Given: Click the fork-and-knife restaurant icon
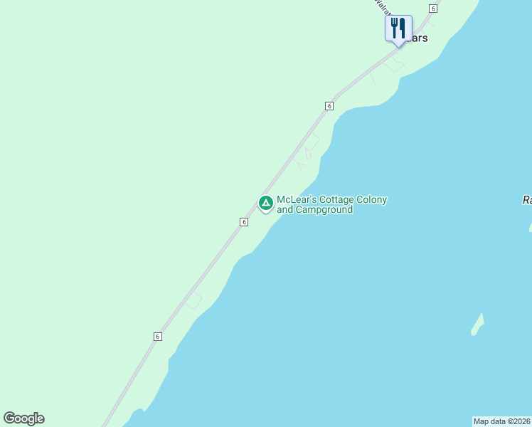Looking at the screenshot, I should point(398,28).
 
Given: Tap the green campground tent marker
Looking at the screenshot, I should point(265,204).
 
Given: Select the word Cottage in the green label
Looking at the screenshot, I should point(336,200).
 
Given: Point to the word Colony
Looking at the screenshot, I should point(372,200).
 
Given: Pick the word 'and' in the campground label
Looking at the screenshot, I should point(284,210).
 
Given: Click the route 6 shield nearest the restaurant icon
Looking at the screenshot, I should point(432,8).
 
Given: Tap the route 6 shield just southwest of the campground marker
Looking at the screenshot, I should point(243,222).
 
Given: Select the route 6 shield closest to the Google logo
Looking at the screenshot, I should point(157,336).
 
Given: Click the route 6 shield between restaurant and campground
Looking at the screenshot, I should point(329,105).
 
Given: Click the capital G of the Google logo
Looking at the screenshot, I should point(9,418).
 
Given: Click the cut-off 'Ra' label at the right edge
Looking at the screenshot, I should point(526,201).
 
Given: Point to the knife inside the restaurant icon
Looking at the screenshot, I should point(403,28).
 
